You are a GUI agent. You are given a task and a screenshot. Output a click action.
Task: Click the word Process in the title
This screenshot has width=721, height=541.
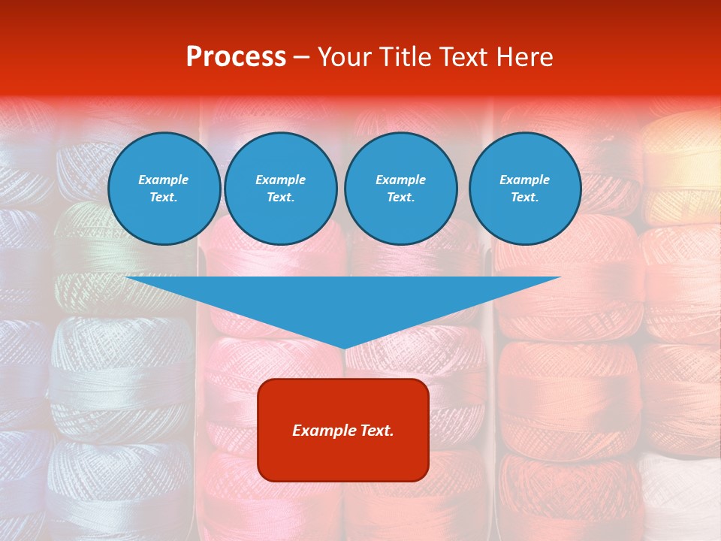[x=236, y=57]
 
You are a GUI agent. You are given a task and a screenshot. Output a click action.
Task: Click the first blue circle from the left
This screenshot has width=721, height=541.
[x=164, y=189]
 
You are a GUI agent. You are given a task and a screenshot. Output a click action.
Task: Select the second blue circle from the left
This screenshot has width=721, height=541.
[x=280, y=189]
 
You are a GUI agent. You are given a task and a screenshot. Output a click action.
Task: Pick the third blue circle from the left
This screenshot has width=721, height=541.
[x=400, y=189]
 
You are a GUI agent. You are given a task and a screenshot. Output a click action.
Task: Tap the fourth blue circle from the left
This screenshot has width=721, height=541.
[x=525, y=189]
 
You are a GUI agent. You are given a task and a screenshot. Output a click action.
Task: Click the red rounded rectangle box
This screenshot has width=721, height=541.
[x=343, y=430]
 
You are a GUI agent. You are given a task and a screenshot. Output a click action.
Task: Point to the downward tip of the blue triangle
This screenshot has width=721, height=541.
[x=344, y=348]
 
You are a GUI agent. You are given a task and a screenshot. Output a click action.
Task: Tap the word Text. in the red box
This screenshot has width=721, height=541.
[x=376, y=431]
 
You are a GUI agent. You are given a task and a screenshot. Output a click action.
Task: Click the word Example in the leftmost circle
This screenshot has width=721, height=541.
[x=164, y=180]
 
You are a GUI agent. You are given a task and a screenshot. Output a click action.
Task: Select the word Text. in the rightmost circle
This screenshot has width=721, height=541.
[x=525, y=198]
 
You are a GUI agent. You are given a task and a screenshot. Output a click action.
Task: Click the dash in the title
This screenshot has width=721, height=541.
[x=302, y=57]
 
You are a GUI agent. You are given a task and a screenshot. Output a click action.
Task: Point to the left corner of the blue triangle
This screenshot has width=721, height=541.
[x=126, y=277]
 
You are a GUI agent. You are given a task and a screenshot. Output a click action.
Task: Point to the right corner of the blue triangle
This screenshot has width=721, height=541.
[x=560, y=277]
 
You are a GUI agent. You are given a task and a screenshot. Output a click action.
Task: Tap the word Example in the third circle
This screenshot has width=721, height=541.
[x=400, y=180]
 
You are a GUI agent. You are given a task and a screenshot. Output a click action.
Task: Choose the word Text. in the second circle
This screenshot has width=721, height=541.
[x=280, y=198]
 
